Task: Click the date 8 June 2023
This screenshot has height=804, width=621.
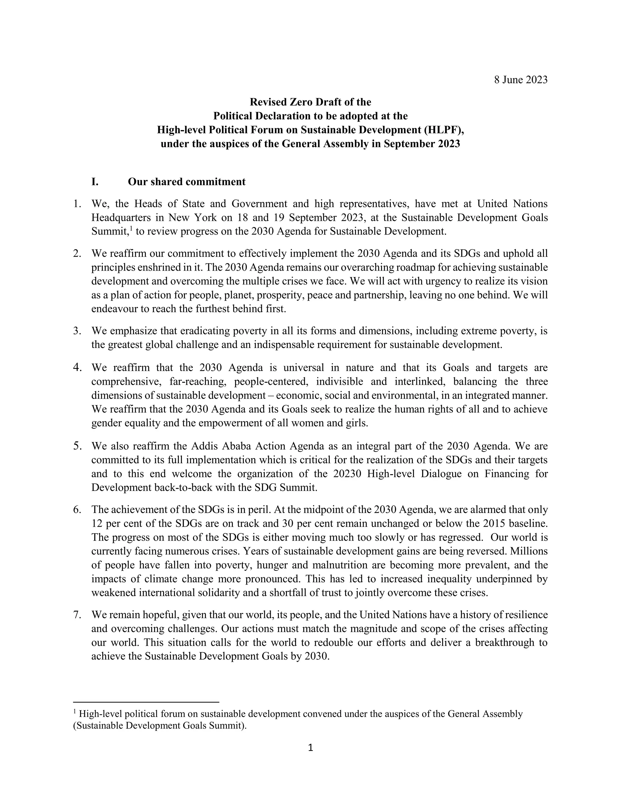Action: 521,80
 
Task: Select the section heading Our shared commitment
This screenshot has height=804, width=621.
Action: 186,182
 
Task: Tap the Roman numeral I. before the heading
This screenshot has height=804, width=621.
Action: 95,182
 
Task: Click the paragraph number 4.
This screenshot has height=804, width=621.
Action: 77,367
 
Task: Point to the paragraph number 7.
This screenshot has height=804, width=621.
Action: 77,614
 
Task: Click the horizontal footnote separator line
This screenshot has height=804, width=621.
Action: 146,702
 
